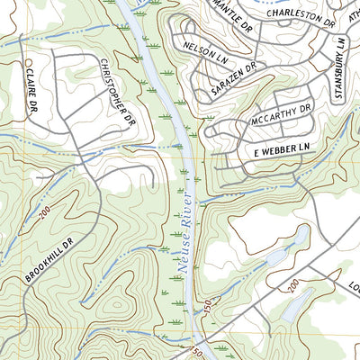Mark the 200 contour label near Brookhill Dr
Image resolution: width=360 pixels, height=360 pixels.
[x=44, y=212]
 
